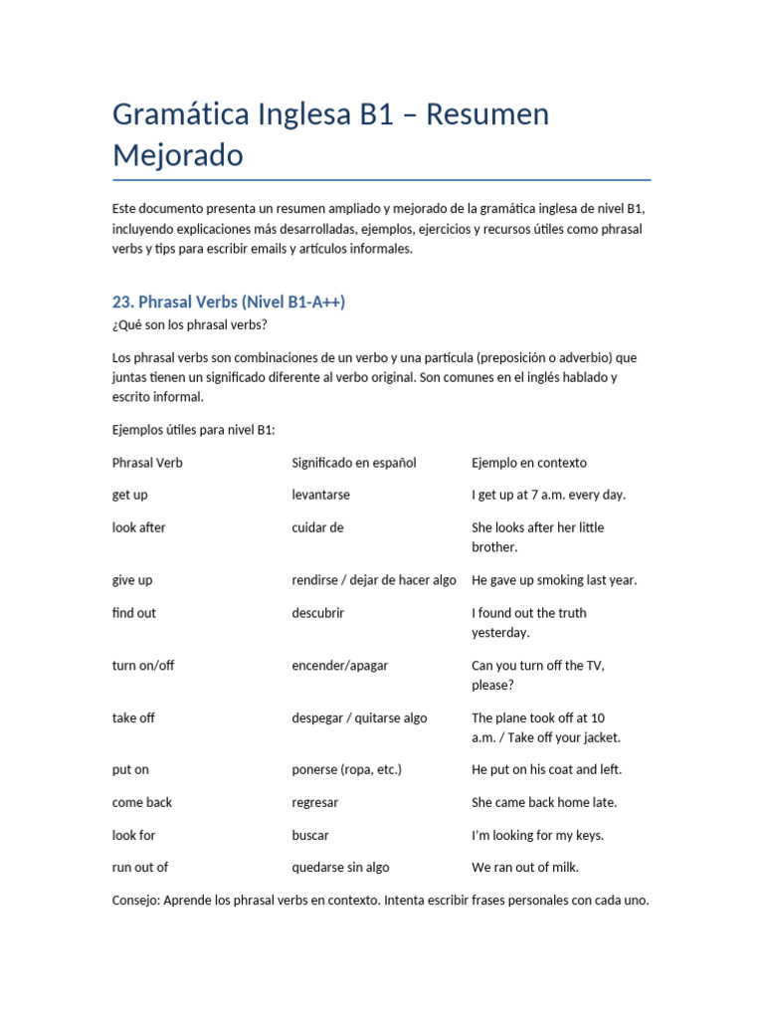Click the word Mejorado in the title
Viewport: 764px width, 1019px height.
tap(177, 156)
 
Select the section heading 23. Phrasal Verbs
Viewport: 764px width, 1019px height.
tap(229, 302)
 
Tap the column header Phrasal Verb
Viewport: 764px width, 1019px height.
tap(147, 463)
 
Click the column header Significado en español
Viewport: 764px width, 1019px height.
tap(354, 463)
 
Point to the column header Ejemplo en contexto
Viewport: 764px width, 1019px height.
tap(529, 463)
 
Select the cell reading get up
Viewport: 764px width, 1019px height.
tap(130, 495)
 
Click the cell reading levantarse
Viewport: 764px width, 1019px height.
tap(320, 495)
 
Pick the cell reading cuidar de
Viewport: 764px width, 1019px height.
tap(317, 527)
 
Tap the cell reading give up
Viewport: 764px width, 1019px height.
tap(132, 580)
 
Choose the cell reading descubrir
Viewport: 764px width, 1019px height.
tap(317, 613)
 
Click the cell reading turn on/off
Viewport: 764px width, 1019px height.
tap(143, 666)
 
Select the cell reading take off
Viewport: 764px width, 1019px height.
tap(133, 717)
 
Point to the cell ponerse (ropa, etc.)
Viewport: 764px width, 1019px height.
tap(346, 769)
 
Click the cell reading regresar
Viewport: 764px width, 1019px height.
tap(315, 802)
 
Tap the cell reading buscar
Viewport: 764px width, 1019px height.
tap(310, 835)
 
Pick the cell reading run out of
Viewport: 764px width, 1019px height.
tap(140, 867)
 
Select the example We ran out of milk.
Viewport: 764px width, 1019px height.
tap(525, 867)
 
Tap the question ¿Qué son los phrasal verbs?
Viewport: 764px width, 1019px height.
tap(190, 324)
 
